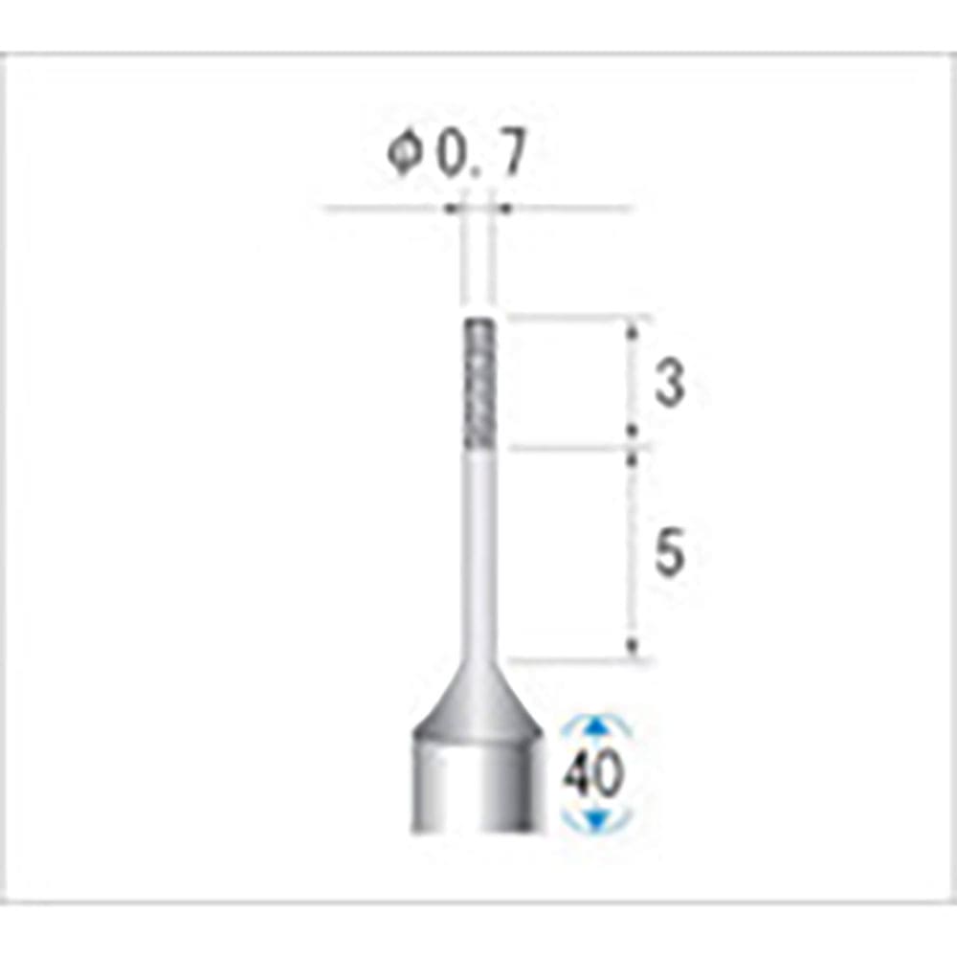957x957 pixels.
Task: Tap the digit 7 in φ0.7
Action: (511, 155)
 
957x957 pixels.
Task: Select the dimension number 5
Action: (670, 555)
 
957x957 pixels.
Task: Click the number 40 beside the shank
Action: (593, 774)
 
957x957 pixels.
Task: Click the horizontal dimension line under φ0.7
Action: (383, 207)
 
